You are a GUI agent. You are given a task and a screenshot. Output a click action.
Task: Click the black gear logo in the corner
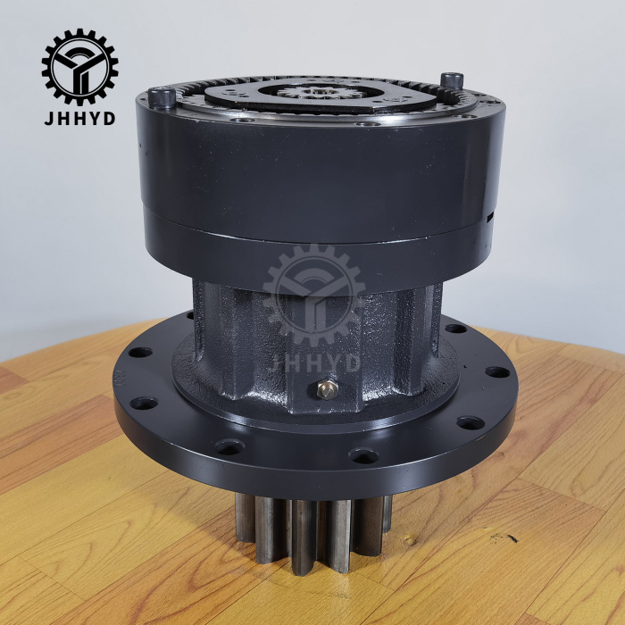(x=79, y=66)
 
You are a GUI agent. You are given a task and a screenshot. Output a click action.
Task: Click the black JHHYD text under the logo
(x=79, y=119)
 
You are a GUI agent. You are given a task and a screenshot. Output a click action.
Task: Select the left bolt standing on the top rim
(x=162, y=95)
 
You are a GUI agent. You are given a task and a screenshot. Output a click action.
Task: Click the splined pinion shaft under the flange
(x=309, y=527)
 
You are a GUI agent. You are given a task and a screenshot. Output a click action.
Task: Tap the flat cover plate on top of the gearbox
(x=295, y=96)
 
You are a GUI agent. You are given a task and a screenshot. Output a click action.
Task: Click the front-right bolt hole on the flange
(x=363, y=456)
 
